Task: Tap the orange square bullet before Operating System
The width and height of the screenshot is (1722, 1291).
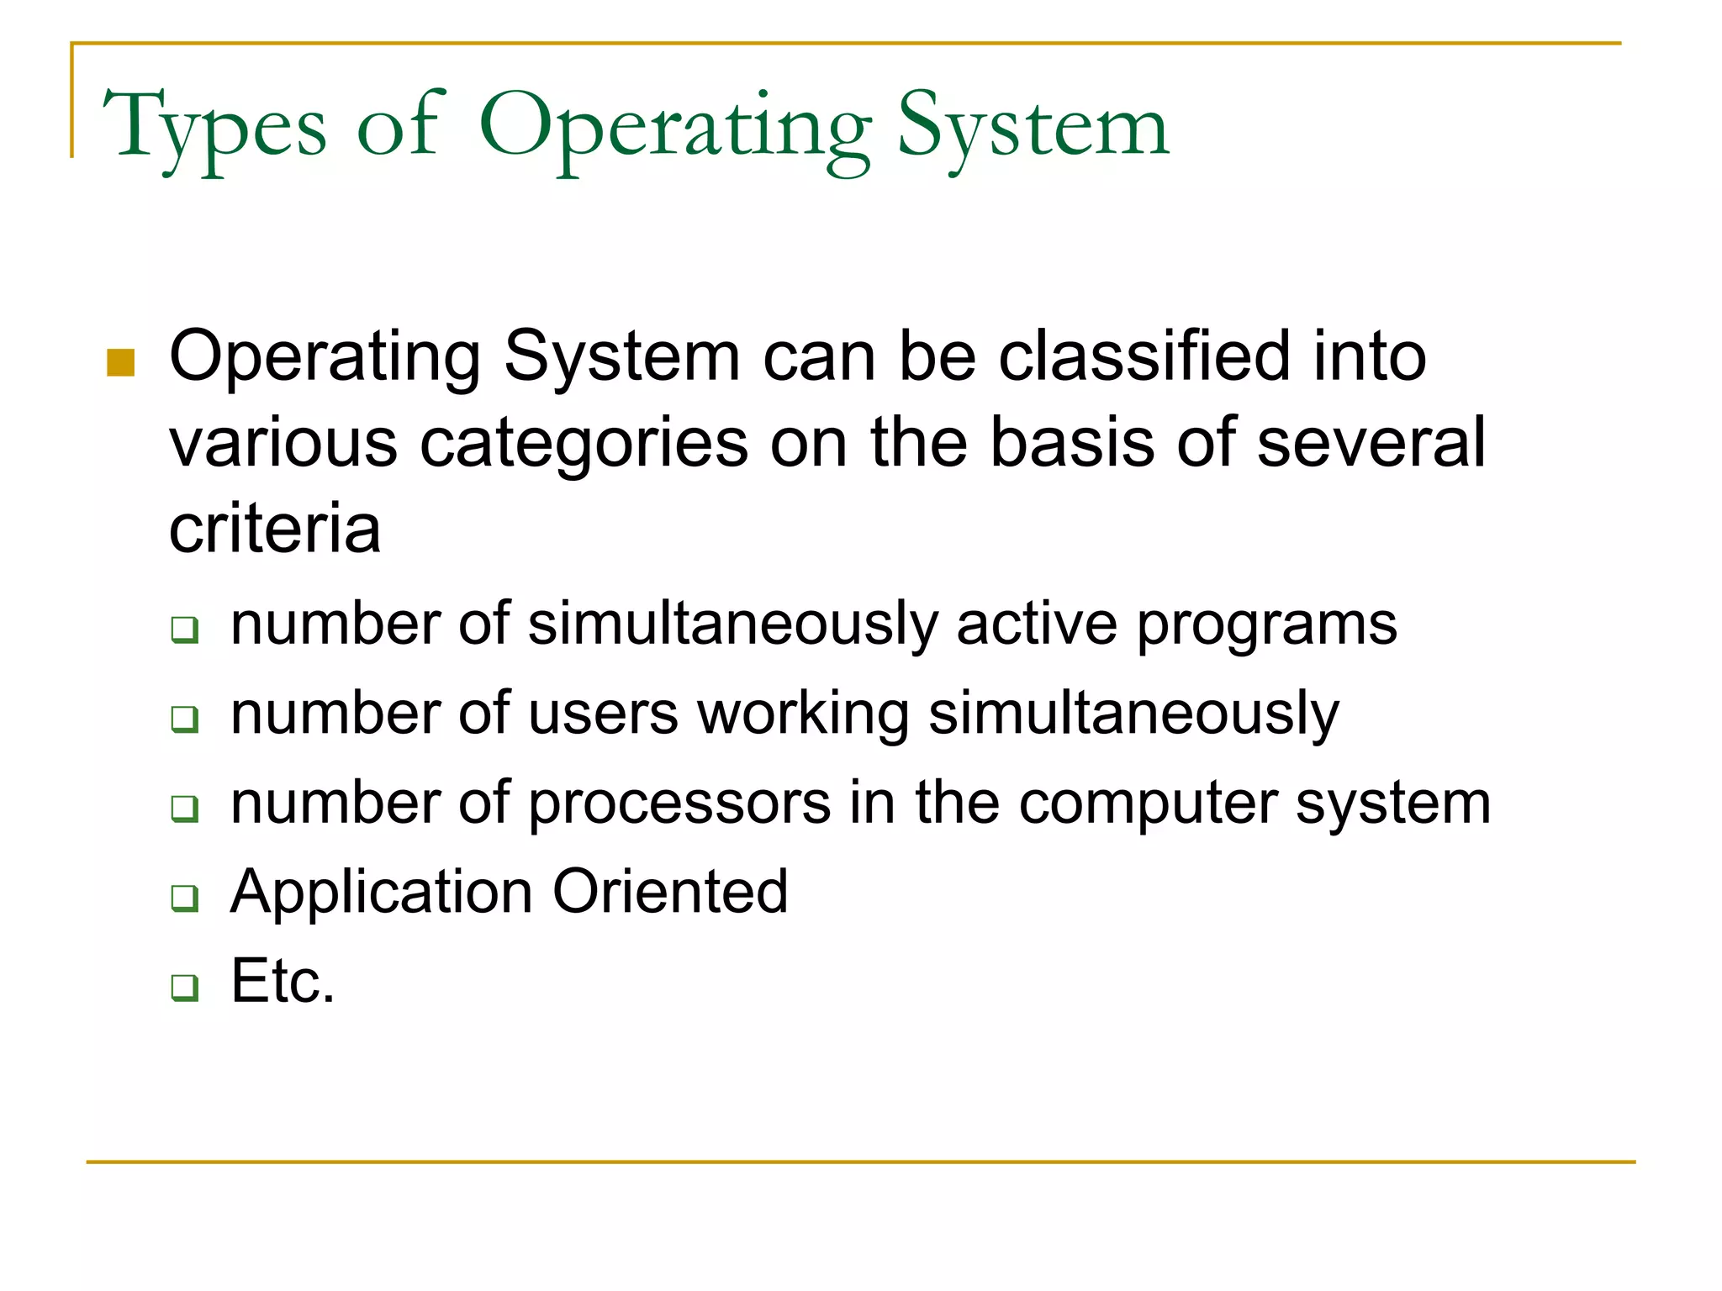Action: click(121, 363)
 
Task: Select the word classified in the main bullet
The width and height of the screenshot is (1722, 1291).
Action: click(1144, 356)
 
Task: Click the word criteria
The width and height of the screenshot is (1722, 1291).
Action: click(275, 530)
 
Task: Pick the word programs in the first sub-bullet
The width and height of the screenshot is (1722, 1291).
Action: click(1266, 626)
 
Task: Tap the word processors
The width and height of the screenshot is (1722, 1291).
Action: click(679, 804)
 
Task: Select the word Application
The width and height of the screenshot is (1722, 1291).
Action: click(381, 893)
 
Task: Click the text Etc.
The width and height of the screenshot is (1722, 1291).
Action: click(283, 981)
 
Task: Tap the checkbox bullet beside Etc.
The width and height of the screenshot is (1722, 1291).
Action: click(184, 987)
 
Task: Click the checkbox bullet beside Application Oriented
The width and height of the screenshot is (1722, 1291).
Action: click(184, 898)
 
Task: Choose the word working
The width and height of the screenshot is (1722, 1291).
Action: click(803, 715)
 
